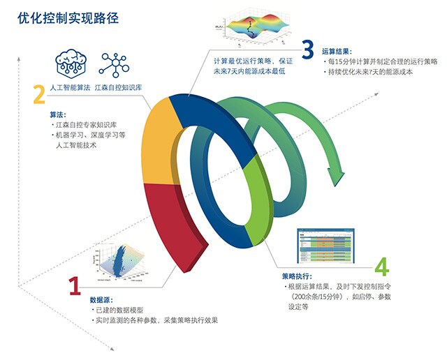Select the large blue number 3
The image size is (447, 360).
[308, 50]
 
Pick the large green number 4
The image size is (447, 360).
[381, 266]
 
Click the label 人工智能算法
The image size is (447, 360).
[70, 89]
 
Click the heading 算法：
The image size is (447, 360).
[58, 113]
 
